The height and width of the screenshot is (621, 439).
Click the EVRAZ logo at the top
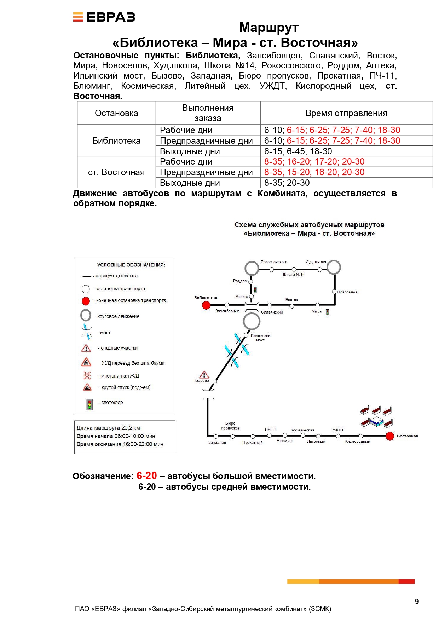[x=104, y=17]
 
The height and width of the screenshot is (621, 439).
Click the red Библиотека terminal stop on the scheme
[x=206, y=305]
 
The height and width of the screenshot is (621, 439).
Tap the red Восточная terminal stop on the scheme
[x=390, y=436]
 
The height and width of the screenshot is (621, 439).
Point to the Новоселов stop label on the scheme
[x=347, y=292]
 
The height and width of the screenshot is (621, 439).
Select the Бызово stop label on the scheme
[x=202, y=381]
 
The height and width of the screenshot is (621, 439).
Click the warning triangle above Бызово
[x=204, y=375]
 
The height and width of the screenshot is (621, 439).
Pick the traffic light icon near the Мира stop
[x=328, y=312]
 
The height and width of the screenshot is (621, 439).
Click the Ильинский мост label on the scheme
[x=260, y=338]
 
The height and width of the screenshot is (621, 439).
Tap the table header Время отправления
[x=346, y=113]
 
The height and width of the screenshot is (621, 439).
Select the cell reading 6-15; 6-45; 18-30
[x=298, y=151]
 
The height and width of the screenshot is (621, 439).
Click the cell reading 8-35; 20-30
[x=287, y=183]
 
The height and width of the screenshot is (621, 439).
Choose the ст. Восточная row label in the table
[x=116, y=172]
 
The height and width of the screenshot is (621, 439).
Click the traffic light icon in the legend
[x=89, y=404]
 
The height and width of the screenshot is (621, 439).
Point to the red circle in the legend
[x=86, y=301]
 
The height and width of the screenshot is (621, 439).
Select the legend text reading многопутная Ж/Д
[x=120, y=376]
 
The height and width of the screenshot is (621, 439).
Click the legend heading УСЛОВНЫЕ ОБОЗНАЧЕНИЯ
[x=131, y=265]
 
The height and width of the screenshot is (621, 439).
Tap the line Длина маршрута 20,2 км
[x=108, y=428]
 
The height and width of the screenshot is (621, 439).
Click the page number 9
[x=417, y=602]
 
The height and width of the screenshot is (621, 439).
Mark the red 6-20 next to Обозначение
[x=146, y=476]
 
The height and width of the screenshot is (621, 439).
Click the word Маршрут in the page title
[x=269, y=28]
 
